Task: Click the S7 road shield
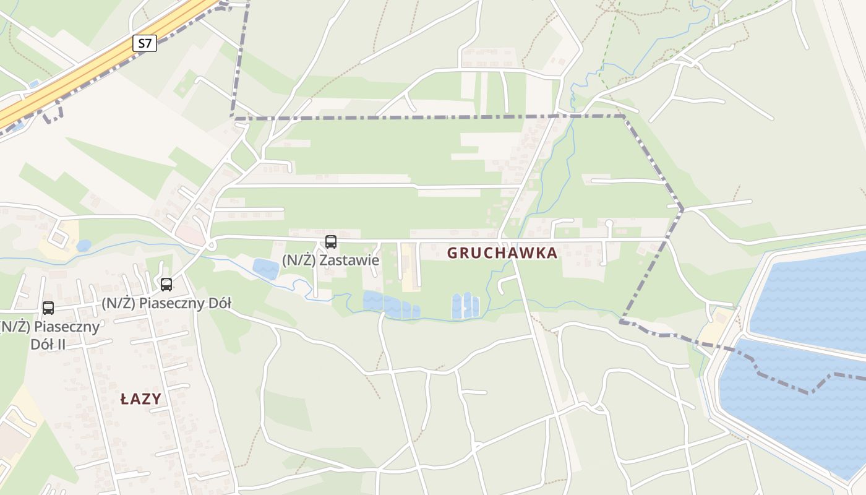(145, 43)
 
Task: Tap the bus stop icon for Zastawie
(331, 242)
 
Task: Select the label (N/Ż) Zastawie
(330, 260)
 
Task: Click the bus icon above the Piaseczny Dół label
(166, 285)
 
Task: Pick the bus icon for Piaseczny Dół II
(48, 308)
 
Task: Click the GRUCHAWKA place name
(502, 253)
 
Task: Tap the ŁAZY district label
(140, 399)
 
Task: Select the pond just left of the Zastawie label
(265, 269)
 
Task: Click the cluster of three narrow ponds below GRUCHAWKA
(465, 306)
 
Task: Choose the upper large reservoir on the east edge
(810, 297)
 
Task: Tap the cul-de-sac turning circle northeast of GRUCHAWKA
(609, 223)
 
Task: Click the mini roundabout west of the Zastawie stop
(211, 246)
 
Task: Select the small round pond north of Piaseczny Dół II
(84, 246)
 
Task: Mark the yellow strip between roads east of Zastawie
(408, 266)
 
